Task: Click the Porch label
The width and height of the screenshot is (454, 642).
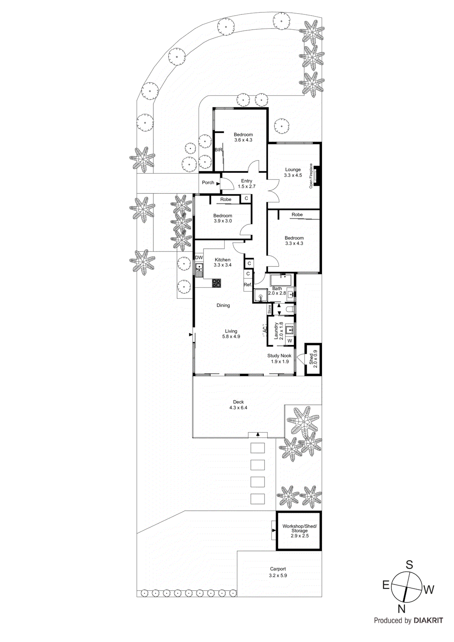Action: point(208,183)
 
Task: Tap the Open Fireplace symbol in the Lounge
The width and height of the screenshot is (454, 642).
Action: point(317,176)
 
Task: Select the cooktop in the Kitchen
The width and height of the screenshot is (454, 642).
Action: point(216,283)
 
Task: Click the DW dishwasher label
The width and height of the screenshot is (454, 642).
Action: point(199,258)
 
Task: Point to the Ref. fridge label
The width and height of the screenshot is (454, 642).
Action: point(248,285)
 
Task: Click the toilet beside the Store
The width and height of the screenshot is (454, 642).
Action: point(291,309)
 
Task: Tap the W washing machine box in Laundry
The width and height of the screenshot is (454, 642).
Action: point(290,341)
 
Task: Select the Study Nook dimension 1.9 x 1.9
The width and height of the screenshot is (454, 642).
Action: point(279,362)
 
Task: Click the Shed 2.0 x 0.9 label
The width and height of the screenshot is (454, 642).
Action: point(313,359)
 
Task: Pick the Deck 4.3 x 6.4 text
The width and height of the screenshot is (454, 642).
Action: point(238,405)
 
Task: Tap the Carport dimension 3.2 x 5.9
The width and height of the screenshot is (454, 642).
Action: point(278,575)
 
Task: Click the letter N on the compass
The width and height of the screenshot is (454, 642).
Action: point(401,609)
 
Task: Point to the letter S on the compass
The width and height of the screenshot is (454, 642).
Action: point(409,565)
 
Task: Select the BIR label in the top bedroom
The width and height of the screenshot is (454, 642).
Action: point(218,150)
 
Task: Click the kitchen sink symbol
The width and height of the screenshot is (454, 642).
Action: point(199,267)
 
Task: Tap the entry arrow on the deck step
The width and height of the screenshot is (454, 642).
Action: point(258,435)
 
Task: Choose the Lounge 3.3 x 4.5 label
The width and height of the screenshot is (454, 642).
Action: point(293,173)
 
